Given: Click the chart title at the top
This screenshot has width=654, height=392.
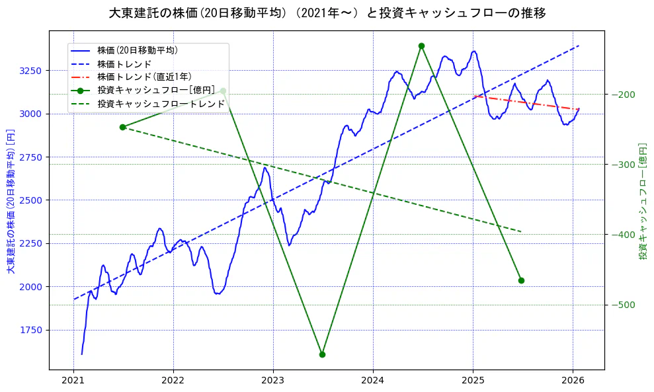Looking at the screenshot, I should coord(327,13).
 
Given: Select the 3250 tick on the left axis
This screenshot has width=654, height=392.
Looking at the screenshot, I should coord(32,71).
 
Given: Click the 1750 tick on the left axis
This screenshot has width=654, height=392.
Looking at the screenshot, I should coord(32,330).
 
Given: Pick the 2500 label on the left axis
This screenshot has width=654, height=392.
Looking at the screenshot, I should coord(32,200).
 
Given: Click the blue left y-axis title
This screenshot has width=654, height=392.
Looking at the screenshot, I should coord(11,201).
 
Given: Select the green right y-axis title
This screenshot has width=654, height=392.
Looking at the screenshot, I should coord(642,201).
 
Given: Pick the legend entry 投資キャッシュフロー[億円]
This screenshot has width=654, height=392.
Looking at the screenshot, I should coord(155,90).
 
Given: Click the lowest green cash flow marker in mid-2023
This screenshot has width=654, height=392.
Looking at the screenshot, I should coord(322,354).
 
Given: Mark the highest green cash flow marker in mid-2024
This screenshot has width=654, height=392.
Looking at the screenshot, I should coord(421,46).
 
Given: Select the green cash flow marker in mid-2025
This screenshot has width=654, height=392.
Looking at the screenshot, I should coord(521,280).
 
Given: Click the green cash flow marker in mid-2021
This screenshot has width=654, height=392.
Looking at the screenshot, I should coord(122,127).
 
